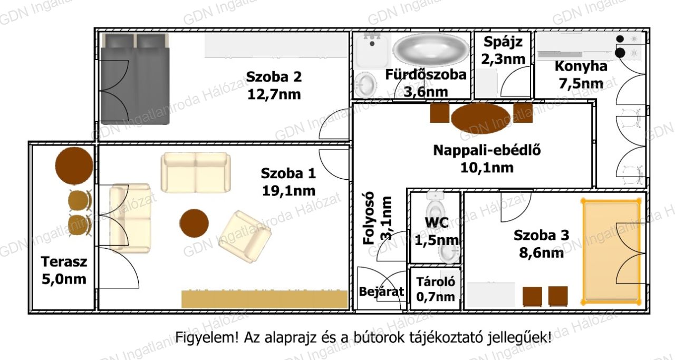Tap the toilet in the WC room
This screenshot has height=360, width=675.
click(435, 207)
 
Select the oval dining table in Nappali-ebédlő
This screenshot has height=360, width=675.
click(480, 118)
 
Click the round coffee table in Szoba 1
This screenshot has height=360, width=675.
click(194, 223)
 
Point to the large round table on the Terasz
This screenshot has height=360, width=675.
click(74, 166)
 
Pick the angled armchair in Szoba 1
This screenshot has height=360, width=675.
click(245, 237)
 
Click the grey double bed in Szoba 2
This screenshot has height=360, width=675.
click(135, 79)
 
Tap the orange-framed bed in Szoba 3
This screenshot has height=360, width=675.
click(611, 251)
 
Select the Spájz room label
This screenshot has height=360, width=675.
click(503, 42)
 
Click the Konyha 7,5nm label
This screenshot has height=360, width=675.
click(581, 75)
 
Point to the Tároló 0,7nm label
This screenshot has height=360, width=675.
click(436, 289)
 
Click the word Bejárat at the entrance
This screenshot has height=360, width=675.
click(381, 291)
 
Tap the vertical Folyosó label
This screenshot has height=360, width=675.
click(369, 218)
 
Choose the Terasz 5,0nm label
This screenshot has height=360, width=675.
click(64, 270)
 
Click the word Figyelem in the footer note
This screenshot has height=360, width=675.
click(207, 338)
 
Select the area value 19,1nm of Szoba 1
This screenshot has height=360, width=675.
click(288, 191)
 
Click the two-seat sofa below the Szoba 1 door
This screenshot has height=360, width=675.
click(196, 172)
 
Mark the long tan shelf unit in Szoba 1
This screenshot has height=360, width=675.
click(265, 299)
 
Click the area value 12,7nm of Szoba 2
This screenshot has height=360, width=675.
click(274, 94)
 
